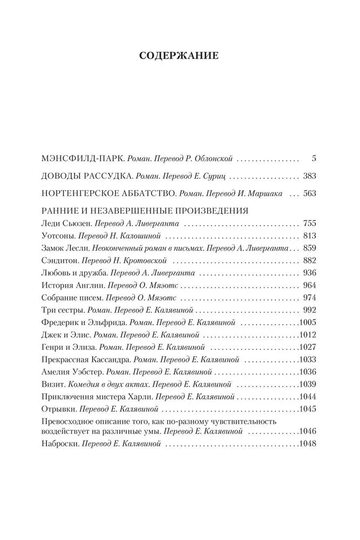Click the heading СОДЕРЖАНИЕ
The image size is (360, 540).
coord(179,56)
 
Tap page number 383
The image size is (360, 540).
coord(309,177)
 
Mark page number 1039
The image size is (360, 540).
coord(307,384)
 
